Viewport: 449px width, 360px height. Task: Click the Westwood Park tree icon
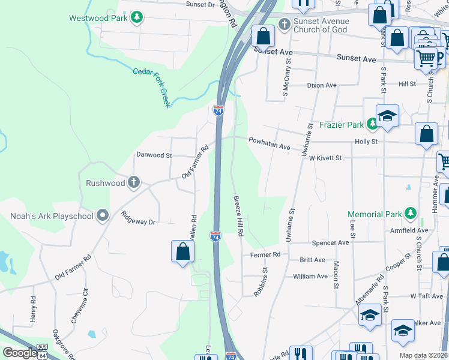pyautogui.click(x=137, y=17)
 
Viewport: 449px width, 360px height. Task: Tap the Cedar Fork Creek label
pyautogui.click(x=152, y=87)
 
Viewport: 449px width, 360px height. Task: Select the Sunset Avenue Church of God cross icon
pyautogui.click(x=284, y=25)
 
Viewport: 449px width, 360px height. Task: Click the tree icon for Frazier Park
pyautogui.click(x=372, y=124)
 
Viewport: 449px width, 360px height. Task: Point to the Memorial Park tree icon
pyautogui.click(x=410, y=214)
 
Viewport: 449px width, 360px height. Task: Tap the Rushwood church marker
pyautogui.click(x=133, y=182)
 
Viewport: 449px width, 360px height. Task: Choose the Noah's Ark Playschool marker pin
pyautogui.click(x=103, y=215)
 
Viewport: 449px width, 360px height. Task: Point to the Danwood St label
pyautogui.click(x=154, y=155)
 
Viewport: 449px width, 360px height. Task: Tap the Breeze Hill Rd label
pyautogui.click(x=238, y=216)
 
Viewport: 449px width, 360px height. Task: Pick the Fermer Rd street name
pyautogui.click(x=265, y=254)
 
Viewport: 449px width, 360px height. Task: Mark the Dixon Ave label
pyautogui.click(x=322, y=85)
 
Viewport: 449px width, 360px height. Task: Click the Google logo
pyautogui.click(x=20, y=352)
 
